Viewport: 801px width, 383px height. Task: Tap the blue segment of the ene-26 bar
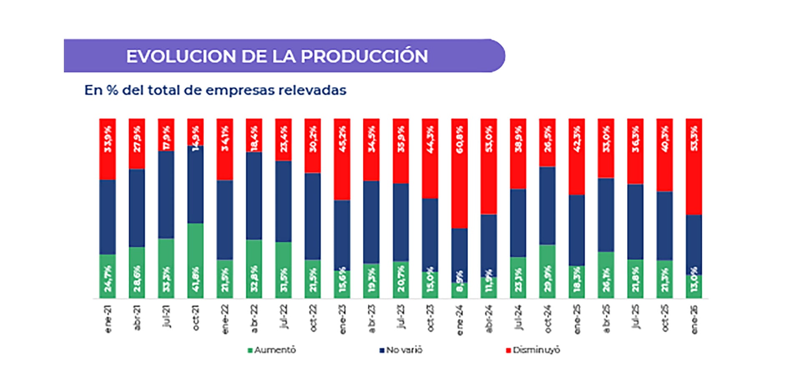click(x=694, y=244)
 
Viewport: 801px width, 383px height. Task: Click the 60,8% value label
click(x=460, y=140)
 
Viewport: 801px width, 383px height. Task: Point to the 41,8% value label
click(x=196, y=279)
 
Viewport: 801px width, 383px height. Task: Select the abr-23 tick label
click(x=372, y=319)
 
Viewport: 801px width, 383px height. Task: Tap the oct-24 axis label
click(x=548, y=319)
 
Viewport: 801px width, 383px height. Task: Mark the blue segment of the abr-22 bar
click(x=254, y=195)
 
